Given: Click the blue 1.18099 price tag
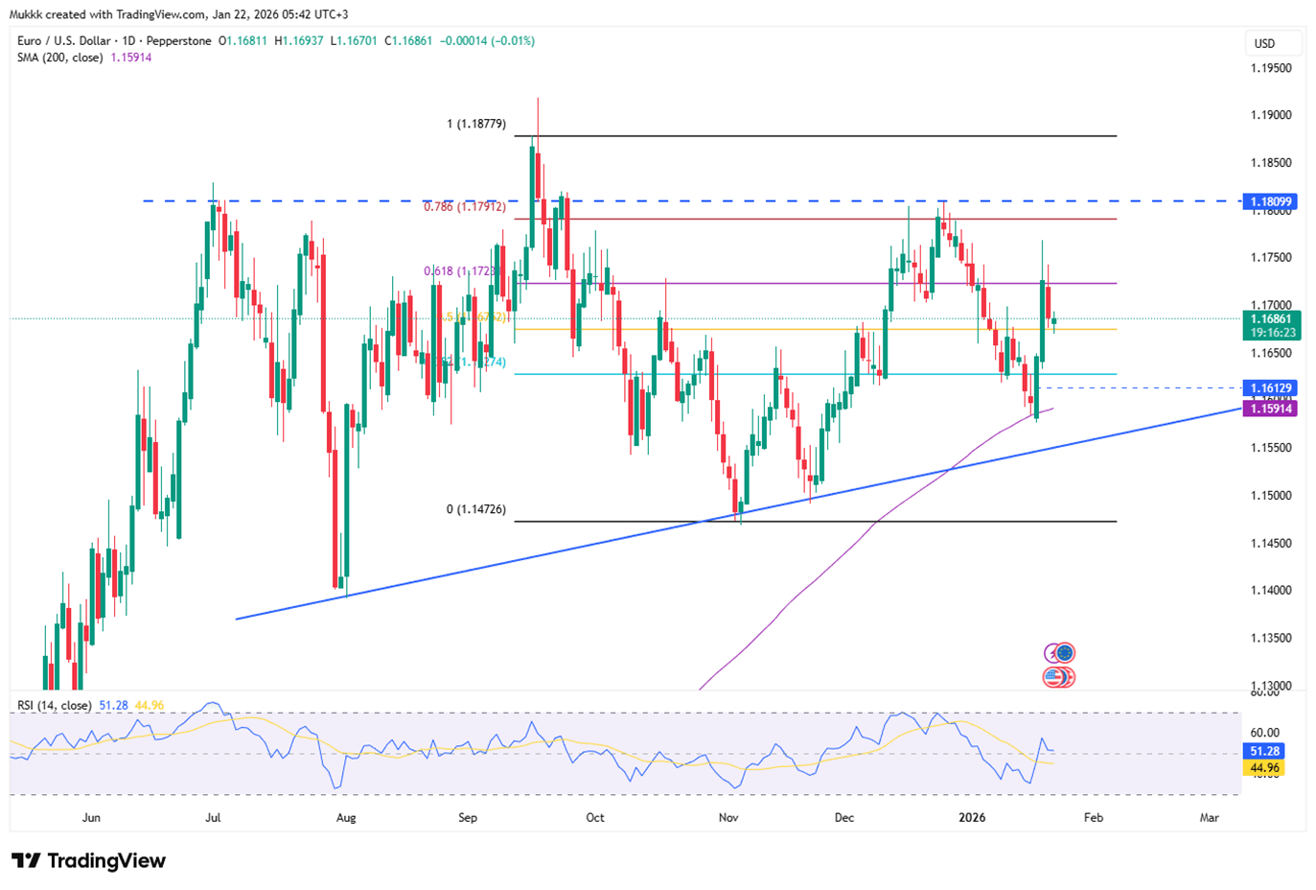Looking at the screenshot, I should tap(1271, 201).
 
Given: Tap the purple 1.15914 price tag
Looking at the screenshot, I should tap(1271, 409).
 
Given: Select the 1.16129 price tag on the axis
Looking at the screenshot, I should tap(1271, 388).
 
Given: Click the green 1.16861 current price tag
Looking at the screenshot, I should tap(1271, 318).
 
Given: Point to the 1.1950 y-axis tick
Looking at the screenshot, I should tap(1271, 68).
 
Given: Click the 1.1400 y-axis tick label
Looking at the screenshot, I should tap(1271, 591).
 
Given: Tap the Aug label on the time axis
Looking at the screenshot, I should tap(346, 818).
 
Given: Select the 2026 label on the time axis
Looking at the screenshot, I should tap(972, 818).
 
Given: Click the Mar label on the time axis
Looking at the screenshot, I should tap(1210, 818).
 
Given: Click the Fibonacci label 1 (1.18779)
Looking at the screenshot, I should tap(476, 125).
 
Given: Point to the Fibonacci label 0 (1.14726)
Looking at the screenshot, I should tap(476, 509).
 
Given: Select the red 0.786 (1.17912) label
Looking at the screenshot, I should tap(465, 207).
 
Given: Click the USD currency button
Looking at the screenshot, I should tap(1265, 43).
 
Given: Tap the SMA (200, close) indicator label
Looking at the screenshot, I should tap(60, 58).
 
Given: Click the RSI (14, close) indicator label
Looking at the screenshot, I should tap(55, 706).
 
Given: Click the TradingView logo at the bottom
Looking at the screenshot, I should tap(88, 860).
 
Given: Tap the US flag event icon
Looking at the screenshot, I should tap(1053, 677).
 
